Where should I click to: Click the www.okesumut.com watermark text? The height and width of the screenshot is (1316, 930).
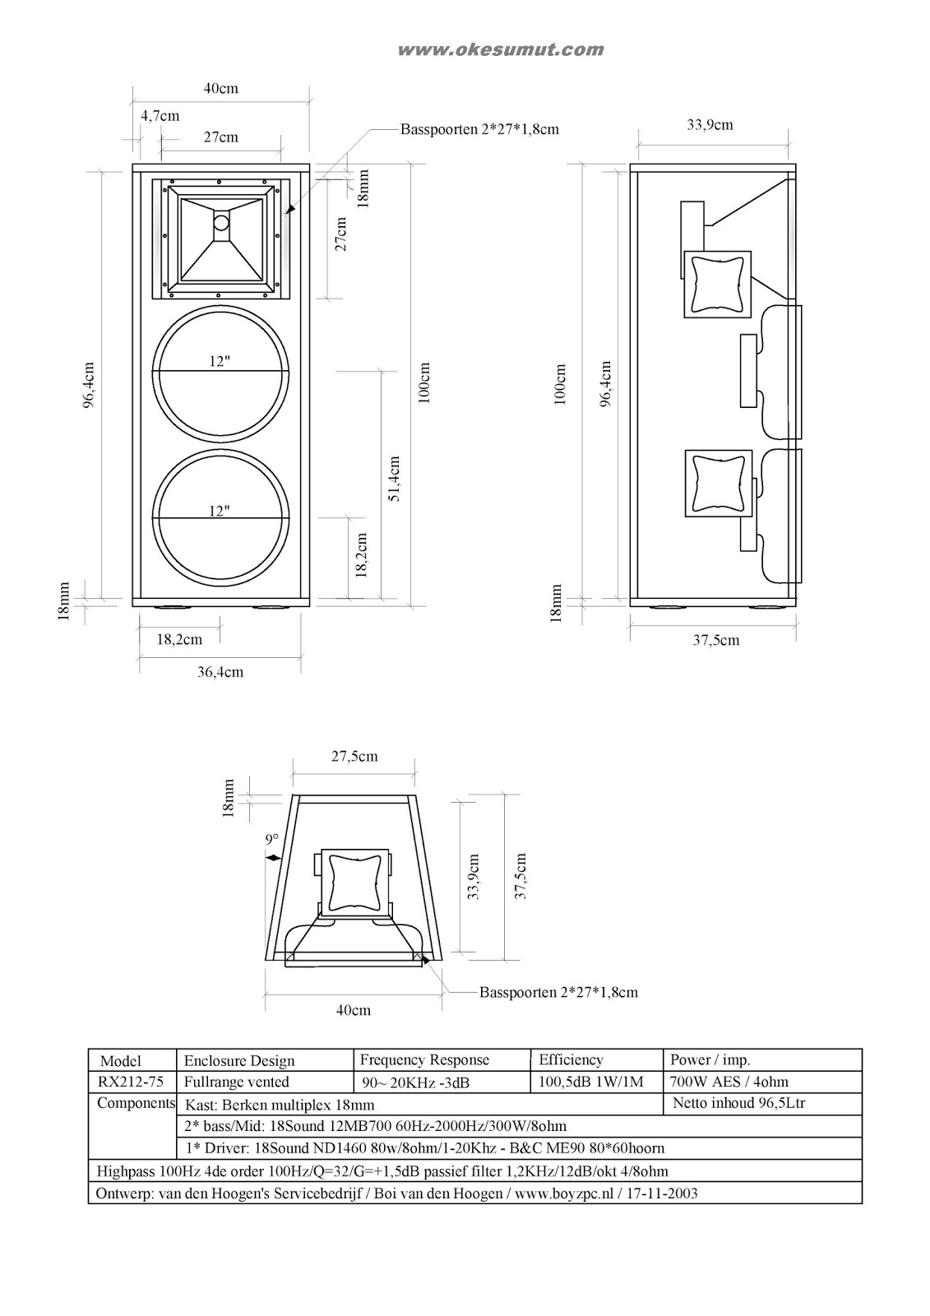click(x=500, y=50)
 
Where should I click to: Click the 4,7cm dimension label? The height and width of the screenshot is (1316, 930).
click(x=160, y=116)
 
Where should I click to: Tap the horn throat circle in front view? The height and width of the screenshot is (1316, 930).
click(x=222, y=222)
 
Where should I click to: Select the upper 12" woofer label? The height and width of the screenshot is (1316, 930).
click(x=219, y=361)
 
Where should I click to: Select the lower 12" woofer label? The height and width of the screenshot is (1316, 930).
click(x=219, y=511)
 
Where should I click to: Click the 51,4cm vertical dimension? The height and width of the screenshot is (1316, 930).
click(x=394, y=479)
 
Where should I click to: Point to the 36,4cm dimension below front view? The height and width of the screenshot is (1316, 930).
click(x=220, y=672)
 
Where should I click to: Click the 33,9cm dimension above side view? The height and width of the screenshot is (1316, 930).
click(x=710, y=125)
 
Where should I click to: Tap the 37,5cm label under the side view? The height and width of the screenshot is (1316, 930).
click(x=715, y=640)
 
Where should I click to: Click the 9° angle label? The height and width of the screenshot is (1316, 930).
click(x=271, y=839)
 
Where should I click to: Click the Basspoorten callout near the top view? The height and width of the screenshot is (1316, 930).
click(x=558, y=992)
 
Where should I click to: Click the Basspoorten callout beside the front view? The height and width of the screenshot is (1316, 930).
click(x=479, y=129)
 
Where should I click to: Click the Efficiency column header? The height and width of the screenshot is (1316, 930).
click(x=571, y=1059)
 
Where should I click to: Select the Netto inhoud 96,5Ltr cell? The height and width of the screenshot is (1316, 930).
click(x=738, y=1103)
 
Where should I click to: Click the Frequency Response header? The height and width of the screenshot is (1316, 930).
click(x=424, y=1059)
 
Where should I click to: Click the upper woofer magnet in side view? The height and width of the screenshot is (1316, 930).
click(x=747, y=370)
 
